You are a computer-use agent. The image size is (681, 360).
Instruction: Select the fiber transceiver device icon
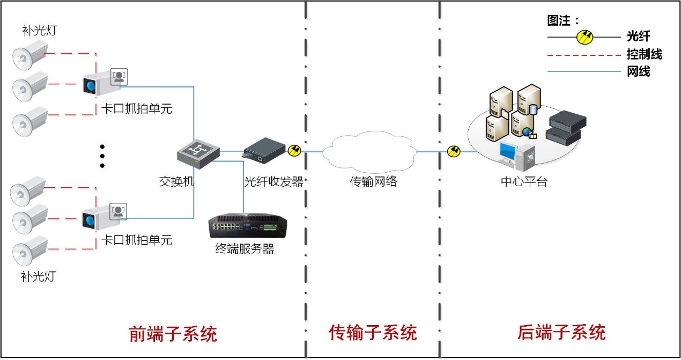(264, 150)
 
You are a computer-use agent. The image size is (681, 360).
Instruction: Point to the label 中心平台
(523, 181)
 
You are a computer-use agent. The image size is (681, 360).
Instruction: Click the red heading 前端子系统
(173, 334)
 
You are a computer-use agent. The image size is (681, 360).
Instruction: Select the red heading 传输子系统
(373, 333)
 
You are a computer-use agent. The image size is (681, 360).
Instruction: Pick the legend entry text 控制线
(644, 54)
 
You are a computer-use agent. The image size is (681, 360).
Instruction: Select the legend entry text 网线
(638, 71)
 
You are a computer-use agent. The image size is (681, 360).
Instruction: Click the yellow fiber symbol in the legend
(585, 37)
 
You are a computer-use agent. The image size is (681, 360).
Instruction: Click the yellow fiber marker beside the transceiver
(295, 151)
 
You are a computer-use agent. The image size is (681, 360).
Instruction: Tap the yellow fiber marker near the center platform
(454, 152)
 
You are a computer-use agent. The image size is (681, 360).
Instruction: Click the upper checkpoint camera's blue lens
(90, 85)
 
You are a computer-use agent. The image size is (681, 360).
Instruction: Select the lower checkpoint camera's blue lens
(90, 219)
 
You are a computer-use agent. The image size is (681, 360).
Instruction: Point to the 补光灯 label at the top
(39, 30)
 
